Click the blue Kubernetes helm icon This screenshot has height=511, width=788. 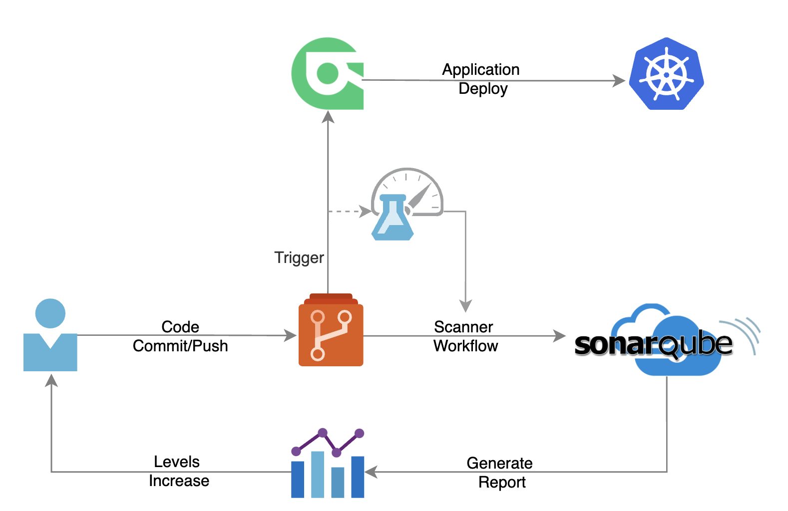pos(666,74)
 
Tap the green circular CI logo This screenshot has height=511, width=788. pos(327,73)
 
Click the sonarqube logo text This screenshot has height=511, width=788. pos(653,344)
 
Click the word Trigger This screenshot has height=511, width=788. pos(299,257)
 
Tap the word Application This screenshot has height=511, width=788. pos(480,69)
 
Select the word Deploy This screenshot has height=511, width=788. pos(483,89)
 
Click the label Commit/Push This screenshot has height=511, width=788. pos(180,346)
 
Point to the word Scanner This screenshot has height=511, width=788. pos(463,327)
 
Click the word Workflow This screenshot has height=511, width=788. pos(465,346)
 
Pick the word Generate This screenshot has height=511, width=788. pos(499,463)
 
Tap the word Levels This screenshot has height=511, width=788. pos(176,462)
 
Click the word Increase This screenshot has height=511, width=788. pos(179,481)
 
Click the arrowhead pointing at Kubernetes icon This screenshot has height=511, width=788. pos(619,80)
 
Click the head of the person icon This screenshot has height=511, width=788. pos(50,313)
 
